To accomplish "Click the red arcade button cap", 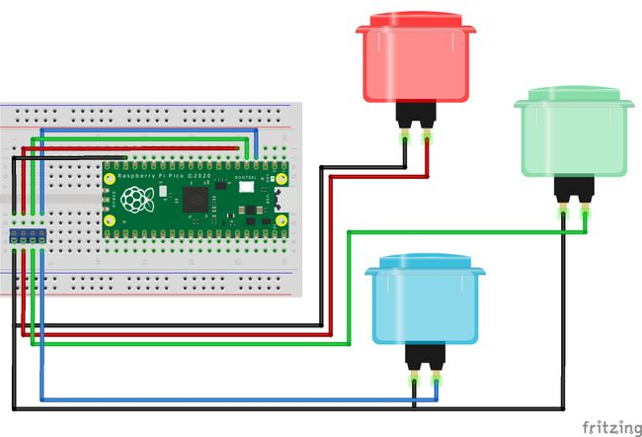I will click(x=416, y=59).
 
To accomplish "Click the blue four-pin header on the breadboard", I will click(x=27, y=234).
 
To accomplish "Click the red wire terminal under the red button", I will click(x=428, y=139).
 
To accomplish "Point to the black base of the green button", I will click(x=574, y=189).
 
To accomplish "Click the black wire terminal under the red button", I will click(x=405, y=139).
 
